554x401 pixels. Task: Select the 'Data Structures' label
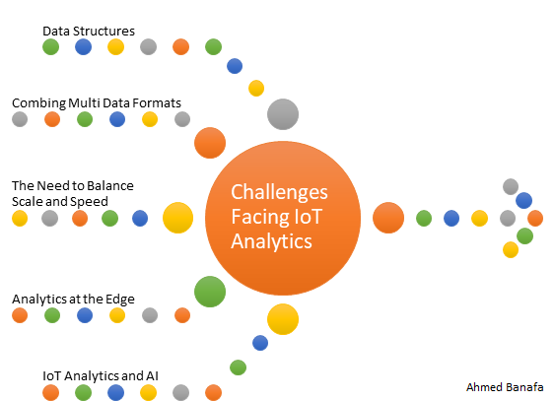tap(89, 31)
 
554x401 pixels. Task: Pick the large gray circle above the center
tap(283, 114)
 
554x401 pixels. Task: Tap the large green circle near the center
tap(210, 291)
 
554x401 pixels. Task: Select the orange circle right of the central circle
tap(388, 218)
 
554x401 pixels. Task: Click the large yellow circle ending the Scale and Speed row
tap(177, 217)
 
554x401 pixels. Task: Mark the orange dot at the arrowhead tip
tap(535, 217)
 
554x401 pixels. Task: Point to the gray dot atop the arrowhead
tap(510, 185)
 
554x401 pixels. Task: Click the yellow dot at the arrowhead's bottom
tap(510, 249)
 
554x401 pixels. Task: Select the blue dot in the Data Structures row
tap(84, 46)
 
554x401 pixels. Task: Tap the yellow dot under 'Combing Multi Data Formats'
tap(150, 120)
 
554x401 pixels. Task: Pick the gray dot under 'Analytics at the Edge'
tap(149, 316)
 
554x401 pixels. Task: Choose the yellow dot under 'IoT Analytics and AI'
tap(149, 392)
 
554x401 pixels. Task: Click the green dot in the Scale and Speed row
tap(109, 218)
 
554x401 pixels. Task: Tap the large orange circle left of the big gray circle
tap(210, 143)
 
